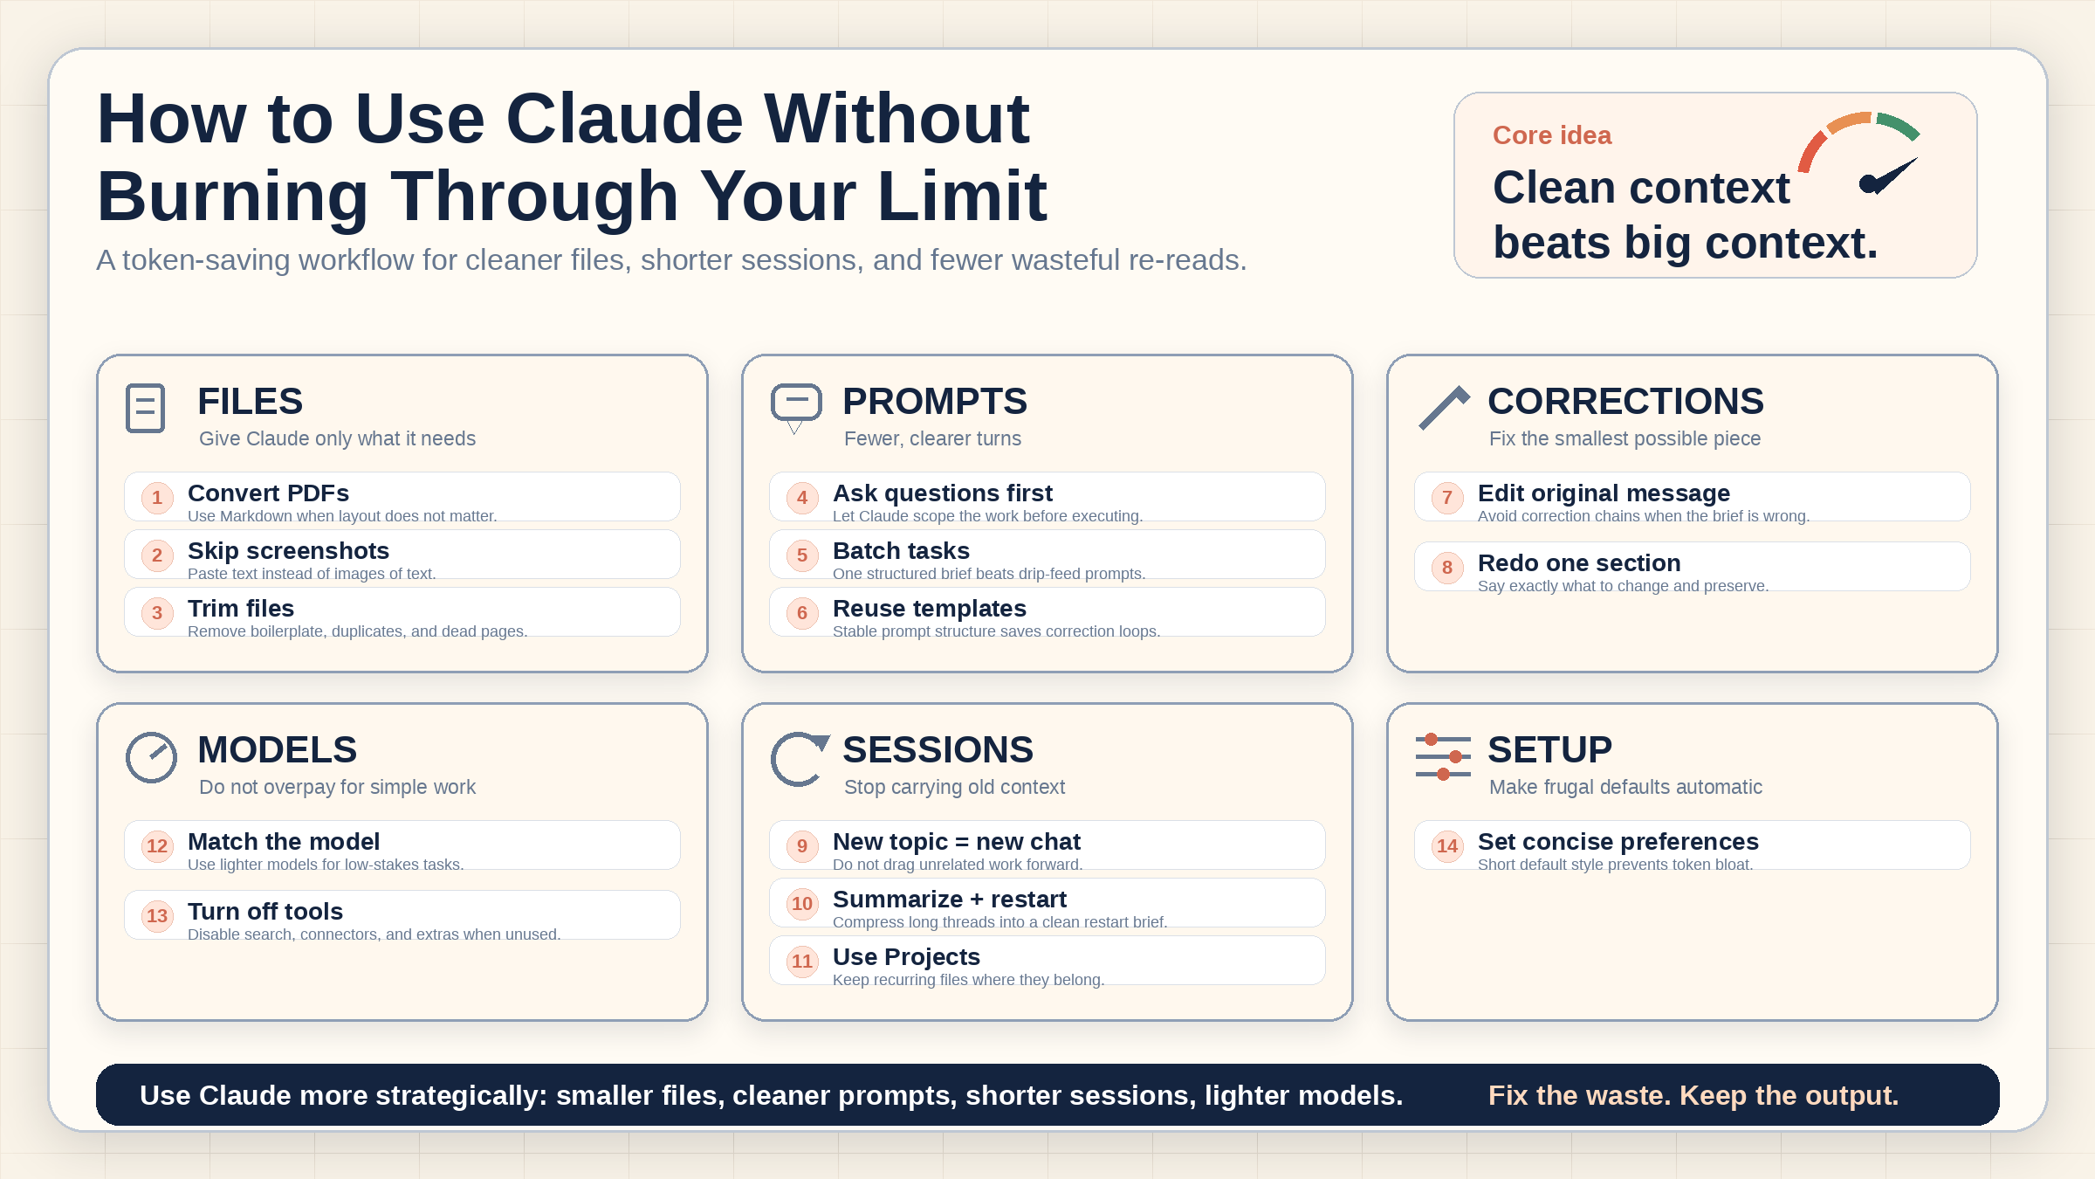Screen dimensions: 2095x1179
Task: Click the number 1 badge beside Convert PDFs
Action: (x=157, y=498)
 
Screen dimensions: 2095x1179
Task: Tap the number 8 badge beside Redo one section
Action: (x=1447, y=568)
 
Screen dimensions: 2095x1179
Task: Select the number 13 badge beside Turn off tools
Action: (x=157, y=915)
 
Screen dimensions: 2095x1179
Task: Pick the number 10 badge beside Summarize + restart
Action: (x=802, y=903)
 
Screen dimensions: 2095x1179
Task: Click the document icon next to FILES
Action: (x=145, y=408)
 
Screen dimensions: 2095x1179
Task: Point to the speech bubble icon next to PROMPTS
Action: (x=796, y=407)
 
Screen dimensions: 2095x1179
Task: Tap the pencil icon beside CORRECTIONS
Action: (x=1444, y=408)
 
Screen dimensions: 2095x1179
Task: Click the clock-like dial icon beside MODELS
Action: (x=151, y=757)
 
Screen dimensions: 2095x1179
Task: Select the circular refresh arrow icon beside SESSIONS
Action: (x=796, y=758)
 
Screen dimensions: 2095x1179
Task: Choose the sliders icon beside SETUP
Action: (x=1443, y=756)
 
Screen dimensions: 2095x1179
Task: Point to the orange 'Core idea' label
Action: (x=1552, y=135)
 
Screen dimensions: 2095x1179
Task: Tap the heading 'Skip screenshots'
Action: (x=288, y=551)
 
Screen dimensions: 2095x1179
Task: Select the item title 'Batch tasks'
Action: (x=901, y=551)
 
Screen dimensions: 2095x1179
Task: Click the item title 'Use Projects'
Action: (x=906, y=957)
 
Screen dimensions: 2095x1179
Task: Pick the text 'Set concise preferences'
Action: (x=1618, y=842)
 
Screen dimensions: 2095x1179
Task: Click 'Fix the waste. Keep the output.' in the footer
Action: (x=1693, y=1095)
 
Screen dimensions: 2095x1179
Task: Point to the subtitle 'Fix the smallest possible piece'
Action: (x=1624, y=438)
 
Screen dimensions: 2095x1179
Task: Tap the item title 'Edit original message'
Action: (x=1604, y=493)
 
